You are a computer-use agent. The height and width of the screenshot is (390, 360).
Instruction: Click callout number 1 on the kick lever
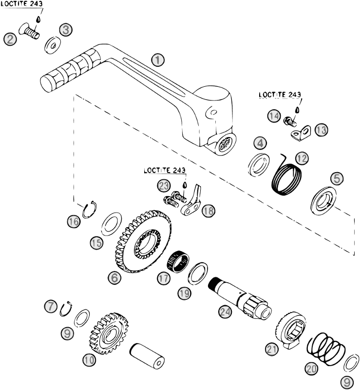[x=157, y=60]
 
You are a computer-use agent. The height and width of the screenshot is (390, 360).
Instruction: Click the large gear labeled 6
[x=144, y=240]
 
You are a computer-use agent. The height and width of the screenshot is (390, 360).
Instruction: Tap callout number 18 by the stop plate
[x=208, y=210]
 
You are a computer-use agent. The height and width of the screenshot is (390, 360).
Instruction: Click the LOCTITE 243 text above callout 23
[x=164, y=171]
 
